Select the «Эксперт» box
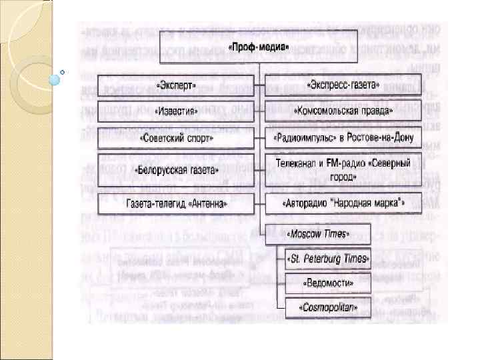[176, 86]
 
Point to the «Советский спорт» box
[176, 139]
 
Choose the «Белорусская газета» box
[176, 170]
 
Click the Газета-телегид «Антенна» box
[176, 202]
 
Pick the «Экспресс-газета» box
[343, 86]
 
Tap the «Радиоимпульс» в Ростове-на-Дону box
[343, 139]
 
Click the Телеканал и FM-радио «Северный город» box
[343, 169]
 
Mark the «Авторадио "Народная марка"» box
[343, 202]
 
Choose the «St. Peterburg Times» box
[328, 258]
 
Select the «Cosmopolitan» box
[328, 307]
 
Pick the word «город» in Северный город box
[343, 178]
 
